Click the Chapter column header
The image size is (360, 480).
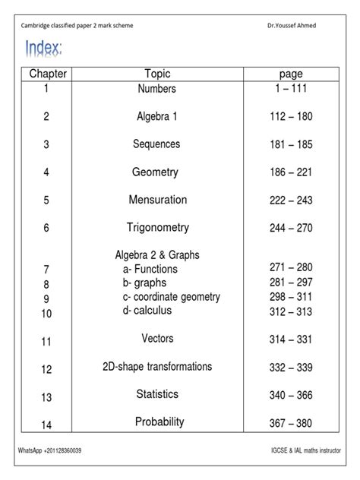(x=48, y=74)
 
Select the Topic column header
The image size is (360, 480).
(x=157, y=74)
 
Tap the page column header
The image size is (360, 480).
(x=291, y=74)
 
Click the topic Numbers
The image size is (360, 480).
(x=156, y=89)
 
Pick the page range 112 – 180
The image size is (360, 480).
(x=291, y=117)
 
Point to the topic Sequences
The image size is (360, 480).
(x=156, y=144)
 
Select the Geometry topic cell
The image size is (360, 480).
(x=155, y=172)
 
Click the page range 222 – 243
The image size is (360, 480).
(x=291, y=201)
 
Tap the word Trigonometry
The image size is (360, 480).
(x=157, y=228)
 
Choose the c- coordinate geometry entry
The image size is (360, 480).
(x=172, y=297)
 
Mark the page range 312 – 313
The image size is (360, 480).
(x=291, y=311)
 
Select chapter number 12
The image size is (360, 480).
(x=47, y=370)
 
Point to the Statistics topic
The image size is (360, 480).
(x=157, y=394)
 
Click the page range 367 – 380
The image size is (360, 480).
(x=291, y=424)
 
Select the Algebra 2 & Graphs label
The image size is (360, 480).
(x=157, y=254)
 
